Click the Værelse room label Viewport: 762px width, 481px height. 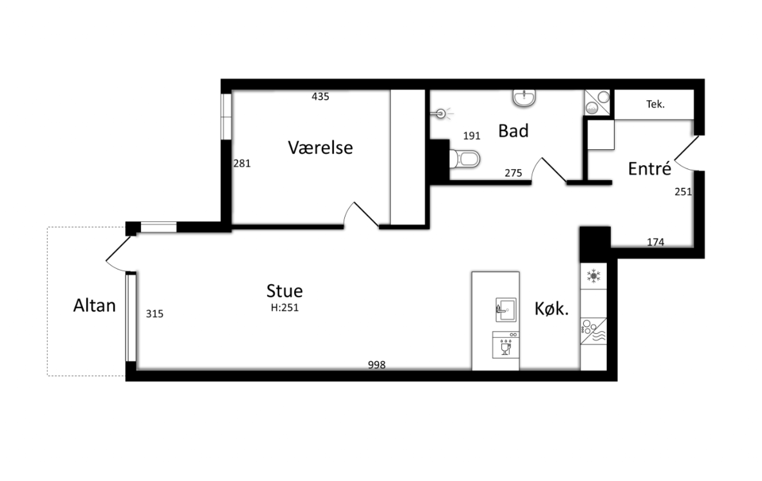pos(321,147)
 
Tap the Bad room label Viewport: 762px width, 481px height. pos(513,131)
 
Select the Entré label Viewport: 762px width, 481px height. pos(650,168)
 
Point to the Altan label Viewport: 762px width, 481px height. pos(95,305)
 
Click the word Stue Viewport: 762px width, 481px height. pos(284,291)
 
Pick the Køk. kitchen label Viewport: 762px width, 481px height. pos(552,309)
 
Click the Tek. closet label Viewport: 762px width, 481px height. pos(655,104)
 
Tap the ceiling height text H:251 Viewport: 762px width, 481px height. pos(284,307)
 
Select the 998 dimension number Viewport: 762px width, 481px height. pos(376,365)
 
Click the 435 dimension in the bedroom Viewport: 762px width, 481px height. pos(321,96)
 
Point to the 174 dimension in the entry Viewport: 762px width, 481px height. pos(656,242)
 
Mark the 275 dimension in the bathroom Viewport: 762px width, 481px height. pos(513,173)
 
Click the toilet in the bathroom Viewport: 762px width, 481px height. pos(465,159)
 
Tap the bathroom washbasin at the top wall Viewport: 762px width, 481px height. pos(524,98)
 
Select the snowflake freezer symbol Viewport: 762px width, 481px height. pos(593,276)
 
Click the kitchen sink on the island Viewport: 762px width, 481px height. pos(506,310)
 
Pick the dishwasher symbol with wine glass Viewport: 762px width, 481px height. pos(506,345)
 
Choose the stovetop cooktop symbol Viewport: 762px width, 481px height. pos(593,331)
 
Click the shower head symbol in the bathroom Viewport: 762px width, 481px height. pos(441,114)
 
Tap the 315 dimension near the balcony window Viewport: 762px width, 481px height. pos(154,314)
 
